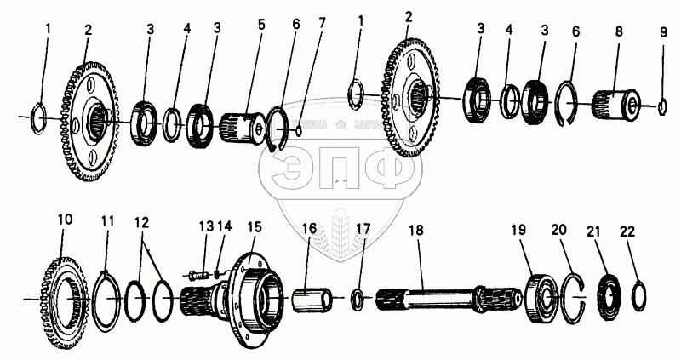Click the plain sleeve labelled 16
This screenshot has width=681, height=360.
point(314,300)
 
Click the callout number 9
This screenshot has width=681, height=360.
point(662,34)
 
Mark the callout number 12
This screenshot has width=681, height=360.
point(142,223)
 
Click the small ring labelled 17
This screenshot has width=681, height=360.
point(359,298)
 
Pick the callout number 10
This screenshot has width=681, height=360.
point(65,220)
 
